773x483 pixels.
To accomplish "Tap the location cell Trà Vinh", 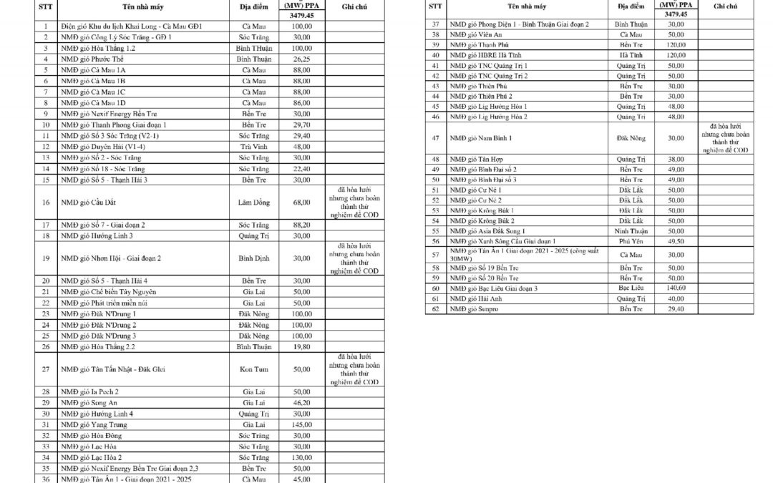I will pyautogui.click(x=254, y=147).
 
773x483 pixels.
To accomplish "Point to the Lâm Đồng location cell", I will pyautogui.click(x=254, y=203).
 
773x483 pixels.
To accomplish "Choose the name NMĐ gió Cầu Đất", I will pyautogui.click(x=87, y=203).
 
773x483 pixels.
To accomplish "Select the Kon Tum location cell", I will pyautogui.click(x=254, y=369).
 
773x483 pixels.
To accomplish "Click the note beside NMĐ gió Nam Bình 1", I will pyautogui.click(x=724, y=137).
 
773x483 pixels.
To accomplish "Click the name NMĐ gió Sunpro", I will pyautogui.click(x=473, y=309).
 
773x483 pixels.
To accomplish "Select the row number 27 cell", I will pyautogui.click(x=45, y=369).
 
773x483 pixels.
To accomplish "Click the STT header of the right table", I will pyautogui.click(x=434, y=6).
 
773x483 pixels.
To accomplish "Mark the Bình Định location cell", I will pyautogui.click(x=254, y=258).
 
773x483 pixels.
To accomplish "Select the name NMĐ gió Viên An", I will pyautogui.click(x=476, y=34).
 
